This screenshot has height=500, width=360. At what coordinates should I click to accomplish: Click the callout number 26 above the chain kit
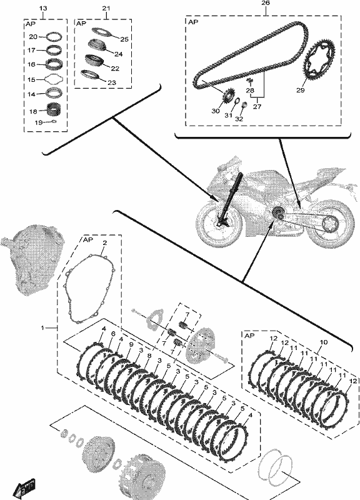pyautogui.click(x=265, y=3)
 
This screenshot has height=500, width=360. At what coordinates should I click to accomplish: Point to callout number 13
pyautogui.click(x=42, y=8)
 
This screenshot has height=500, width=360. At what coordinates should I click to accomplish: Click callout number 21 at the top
pyautogui.click(x=106, y=8)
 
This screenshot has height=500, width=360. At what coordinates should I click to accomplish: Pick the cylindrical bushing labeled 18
pyautogui.click(x=54, y=110)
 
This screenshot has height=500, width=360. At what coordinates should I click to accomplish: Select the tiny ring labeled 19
pyautogui.click(x=54, y=121)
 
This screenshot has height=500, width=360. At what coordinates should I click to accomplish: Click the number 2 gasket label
pyautogui.click(x=104, y=242)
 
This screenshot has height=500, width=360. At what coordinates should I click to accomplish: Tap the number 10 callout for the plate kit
pyautogui.click(x=323, y=342)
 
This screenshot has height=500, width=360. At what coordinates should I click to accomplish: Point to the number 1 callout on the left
pyautogui.click(x=42, y=327)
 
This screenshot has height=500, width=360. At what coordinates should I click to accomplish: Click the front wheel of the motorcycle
pyautogui.click(x=218, y=225)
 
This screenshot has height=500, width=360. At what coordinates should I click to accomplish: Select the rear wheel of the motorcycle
pyautogui.click(x=332, y=225)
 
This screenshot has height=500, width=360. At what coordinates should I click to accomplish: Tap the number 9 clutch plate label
pyautogui.click(x=131, y=345)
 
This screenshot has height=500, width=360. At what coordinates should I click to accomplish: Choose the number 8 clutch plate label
pyautogui.click(x=149, y=356)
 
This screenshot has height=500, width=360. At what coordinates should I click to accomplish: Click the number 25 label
pyautogui.click(x=124, y=39)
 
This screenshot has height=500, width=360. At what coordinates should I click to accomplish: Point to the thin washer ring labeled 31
pyautogui.click(x=237, y=102)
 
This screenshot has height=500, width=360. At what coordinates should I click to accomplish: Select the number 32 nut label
pyautogui.click(x=239, y=119)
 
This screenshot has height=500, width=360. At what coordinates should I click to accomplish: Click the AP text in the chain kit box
pyautogui.click(x=193, y=22)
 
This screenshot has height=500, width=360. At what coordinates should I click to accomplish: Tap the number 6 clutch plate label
pyautogui.click(x=113, y=334)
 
